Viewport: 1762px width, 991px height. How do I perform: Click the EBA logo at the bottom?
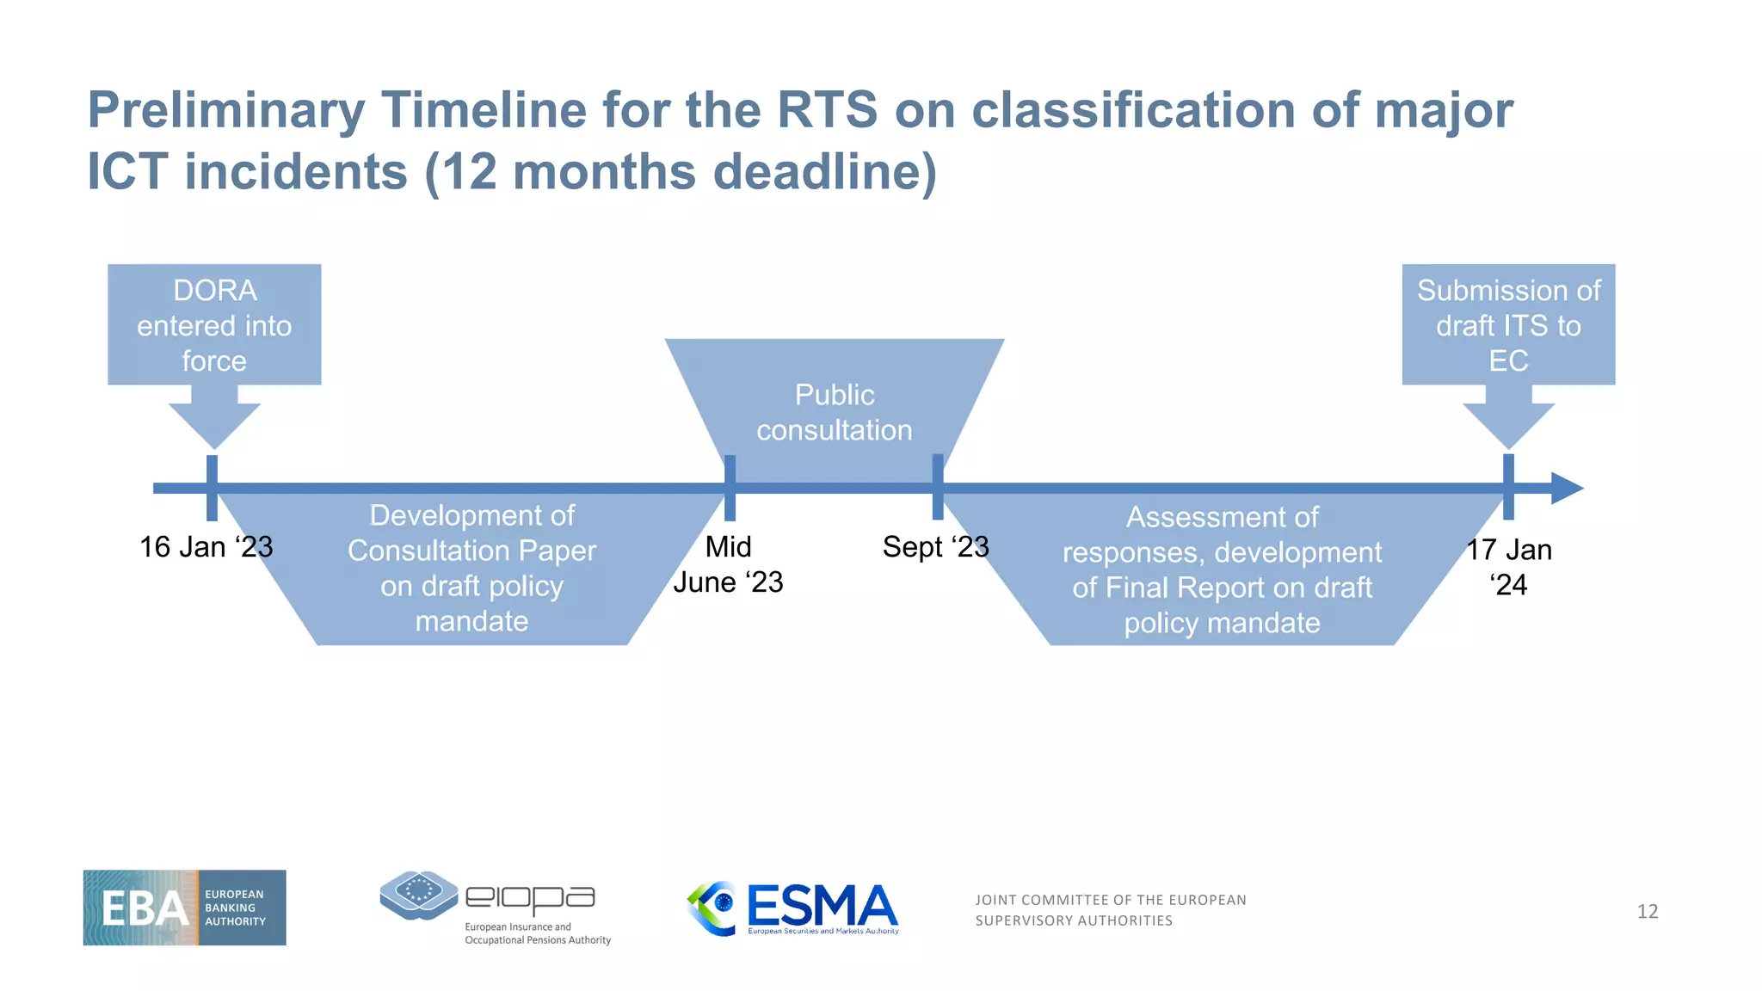point(184,908)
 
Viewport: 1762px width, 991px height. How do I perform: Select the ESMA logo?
point(793,908)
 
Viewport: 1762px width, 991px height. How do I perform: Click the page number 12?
point(1647,911)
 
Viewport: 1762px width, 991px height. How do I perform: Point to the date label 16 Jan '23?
point(206,547)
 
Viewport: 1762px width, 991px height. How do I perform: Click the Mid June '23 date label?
point(728,564)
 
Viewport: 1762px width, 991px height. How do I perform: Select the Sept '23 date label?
point(935,547)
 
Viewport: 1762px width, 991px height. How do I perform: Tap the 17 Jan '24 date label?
point(1508,567)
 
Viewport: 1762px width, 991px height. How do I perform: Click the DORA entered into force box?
point(214,325)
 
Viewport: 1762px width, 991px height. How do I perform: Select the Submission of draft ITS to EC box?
point(1508,325)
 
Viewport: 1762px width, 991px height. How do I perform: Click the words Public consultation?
point(834,412)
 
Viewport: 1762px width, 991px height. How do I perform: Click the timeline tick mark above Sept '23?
point(938,487)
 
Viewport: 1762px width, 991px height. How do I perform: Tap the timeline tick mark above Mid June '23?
point(730,487)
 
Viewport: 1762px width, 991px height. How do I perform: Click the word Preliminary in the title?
point(226,111)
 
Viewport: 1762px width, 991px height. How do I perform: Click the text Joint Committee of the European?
point(1110,900)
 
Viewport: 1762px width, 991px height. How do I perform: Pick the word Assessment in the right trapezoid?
point(1222,517)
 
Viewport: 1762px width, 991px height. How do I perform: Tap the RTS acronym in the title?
point(826,110)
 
